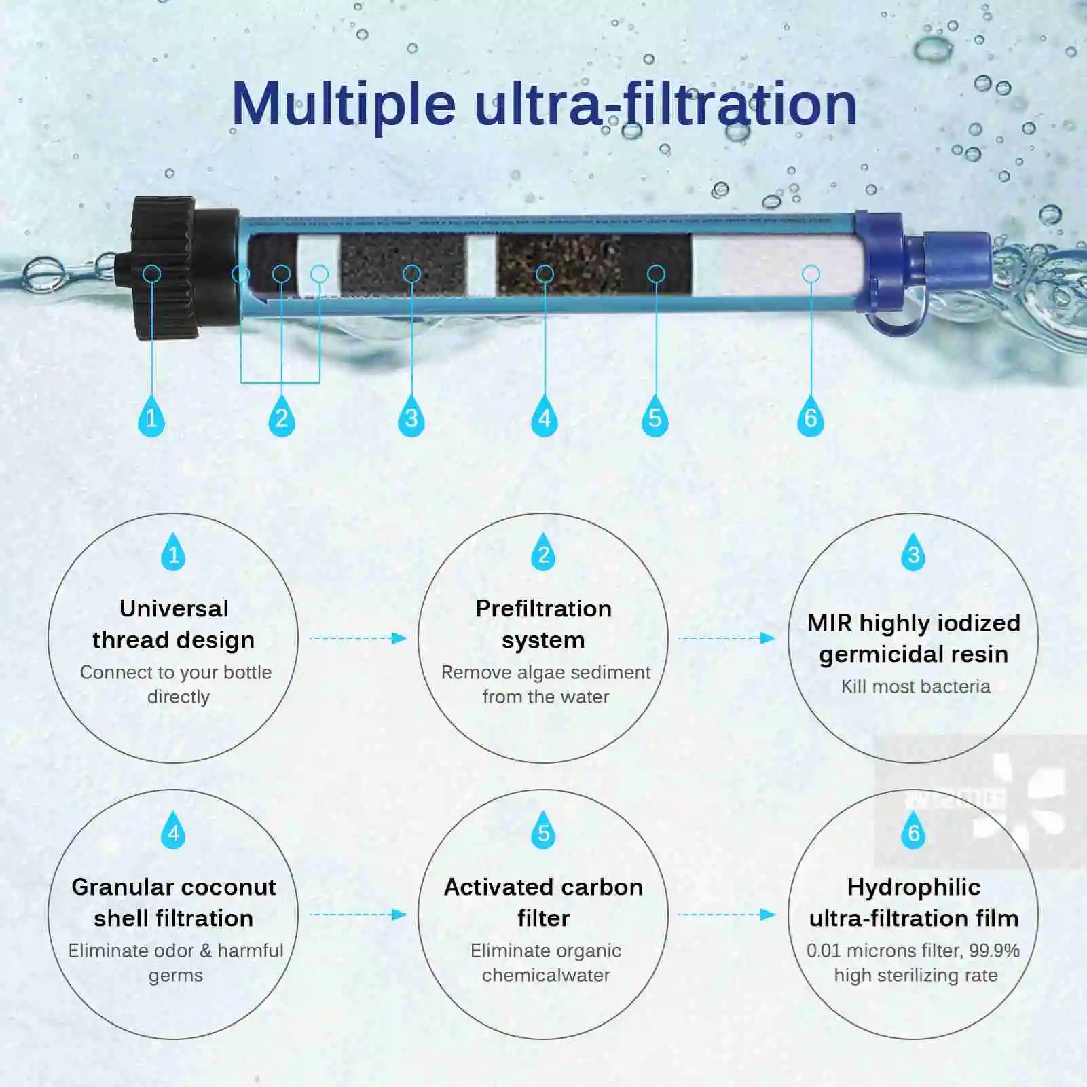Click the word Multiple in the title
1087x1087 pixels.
(x=344, y=105)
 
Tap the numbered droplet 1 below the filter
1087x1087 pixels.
(x=151, y=417)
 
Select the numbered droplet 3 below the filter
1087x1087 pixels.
(x=411, y=417)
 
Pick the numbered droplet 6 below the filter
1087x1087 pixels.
(x=810, y=417)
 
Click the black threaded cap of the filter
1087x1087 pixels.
(x=166, y=268)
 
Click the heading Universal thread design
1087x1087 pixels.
(x=174, y=624)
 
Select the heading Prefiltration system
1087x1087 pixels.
(x=543, y=624)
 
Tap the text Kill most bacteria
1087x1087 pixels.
(x=915, y=686)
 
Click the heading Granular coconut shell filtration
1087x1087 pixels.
(x=174, y=902)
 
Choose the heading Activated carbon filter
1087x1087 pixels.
(x=543, y=902)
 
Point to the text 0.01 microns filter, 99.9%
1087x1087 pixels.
(x=913, y=951)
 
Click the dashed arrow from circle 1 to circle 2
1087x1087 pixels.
(x=358, y=638)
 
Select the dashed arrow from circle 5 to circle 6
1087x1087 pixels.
(x=726, y=915)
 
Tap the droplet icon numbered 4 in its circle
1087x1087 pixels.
(x=173, y=831)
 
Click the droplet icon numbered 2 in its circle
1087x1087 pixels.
(x=543, y=553)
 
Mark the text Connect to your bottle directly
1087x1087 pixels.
(x=176, y=684)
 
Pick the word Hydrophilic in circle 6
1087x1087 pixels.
(x=914, y=887)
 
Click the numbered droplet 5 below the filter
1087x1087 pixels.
(x=655, y=417)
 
